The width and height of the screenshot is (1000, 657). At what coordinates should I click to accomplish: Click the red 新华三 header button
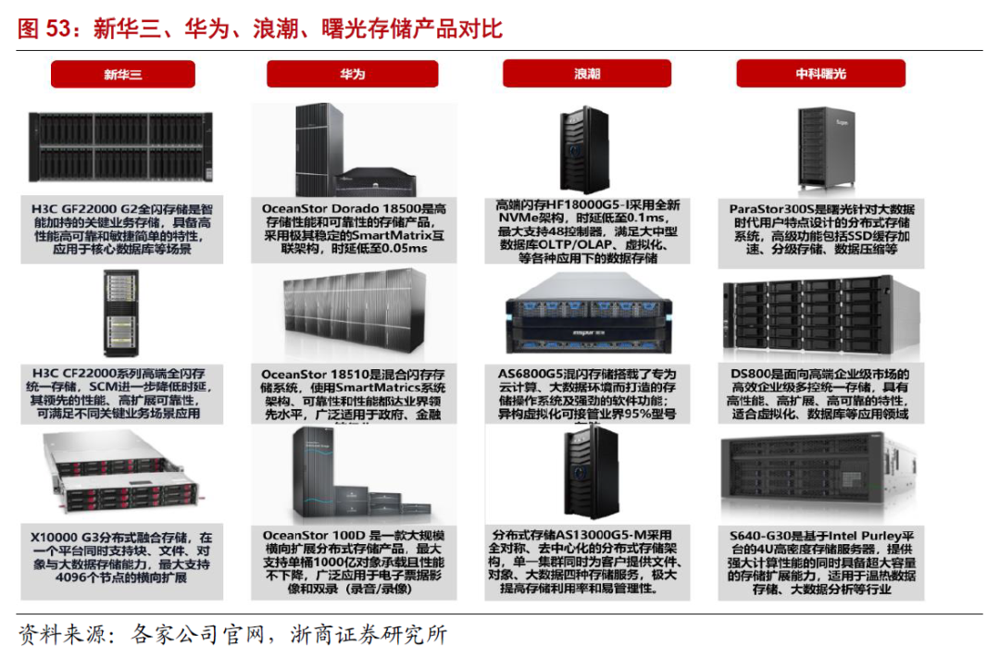(122, 73)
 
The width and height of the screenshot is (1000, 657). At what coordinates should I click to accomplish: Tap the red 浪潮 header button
(586, 73)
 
